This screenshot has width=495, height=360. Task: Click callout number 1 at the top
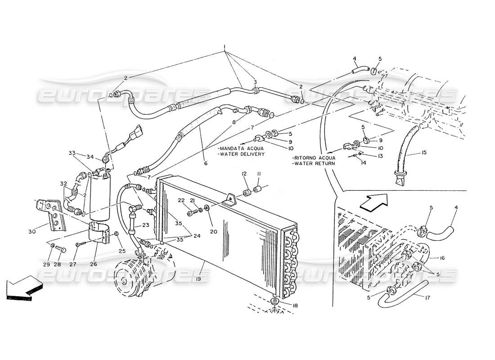tap(224, 47)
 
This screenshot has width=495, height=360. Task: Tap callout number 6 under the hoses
tap(206, 163)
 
